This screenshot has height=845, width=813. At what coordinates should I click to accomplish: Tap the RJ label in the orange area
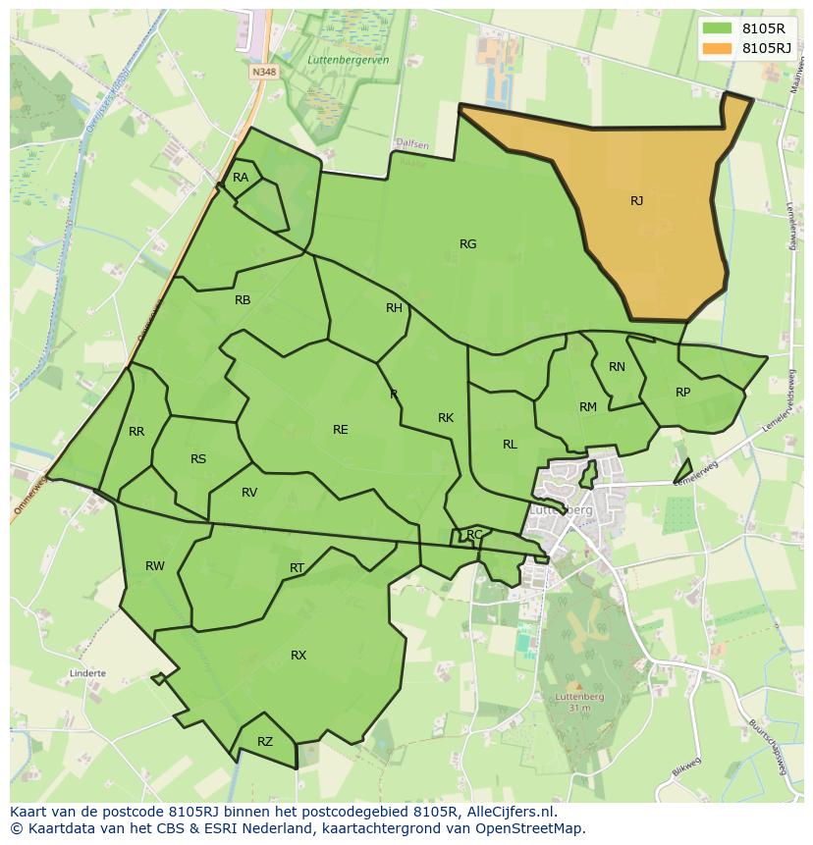[x=636, y=201]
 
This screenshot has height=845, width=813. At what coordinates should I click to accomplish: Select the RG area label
[x=467, y=244]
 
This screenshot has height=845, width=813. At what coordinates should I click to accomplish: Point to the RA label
[x=241, y=178]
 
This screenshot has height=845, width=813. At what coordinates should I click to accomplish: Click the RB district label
[x=243, y=300]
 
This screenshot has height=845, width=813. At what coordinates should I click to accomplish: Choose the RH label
[x=394, y=308]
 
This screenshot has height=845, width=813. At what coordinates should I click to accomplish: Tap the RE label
[x=340, y=430]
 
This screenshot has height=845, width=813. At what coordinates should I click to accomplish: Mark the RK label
[x=446, y=418]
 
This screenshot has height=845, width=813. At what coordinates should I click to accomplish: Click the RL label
[x=510, y=445]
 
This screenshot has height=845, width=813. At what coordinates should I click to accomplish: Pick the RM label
[x=588, y=407]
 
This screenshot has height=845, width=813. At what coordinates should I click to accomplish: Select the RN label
[x=617, y=367]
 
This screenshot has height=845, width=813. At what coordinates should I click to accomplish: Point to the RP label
[x=683, y=393]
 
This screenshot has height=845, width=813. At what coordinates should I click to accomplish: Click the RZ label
[x=265, y=742]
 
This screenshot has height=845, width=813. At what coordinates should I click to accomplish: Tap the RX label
[x=298, y=656]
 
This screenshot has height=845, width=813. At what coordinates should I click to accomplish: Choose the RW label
[x=155, y=566]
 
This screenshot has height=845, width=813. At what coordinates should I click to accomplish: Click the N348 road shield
[x=261, y=72]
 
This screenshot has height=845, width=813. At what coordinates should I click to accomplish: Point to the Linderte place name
[x=87, y=674]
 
